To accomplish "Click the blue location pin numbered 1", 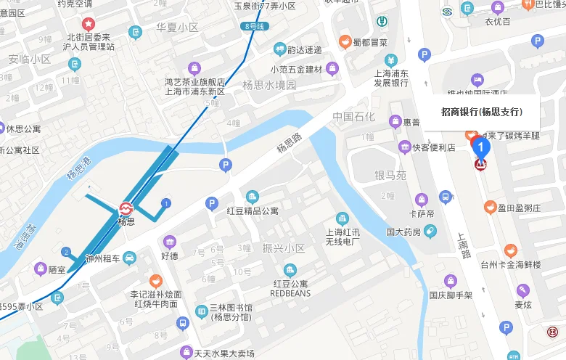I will tap(480, 147).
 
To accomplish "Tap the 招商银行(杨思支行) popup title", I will tap(481, 112).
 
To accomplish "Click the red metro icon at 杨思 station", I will tap(126, 208).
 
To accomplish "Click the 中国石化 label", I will tap(354, 117).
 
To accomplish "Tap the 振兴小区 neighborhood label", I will tap(284, 248).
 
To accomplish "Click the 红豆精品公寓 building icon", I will tap(252, 197).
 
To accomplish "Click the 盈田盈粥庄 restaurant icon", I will tap(491, 208).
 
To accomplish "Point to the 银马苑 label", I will tap(390, 175).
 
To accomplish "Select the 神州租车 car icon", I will tap(129, 258).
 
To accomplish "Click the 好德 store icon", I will tap(170, 242).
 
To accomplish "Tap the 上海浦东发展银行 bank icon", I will tap(391, 60).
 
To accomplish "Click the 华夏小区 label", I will tap(177, 28).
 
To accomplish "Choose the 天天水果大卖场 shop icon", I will tap(186, 352).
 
